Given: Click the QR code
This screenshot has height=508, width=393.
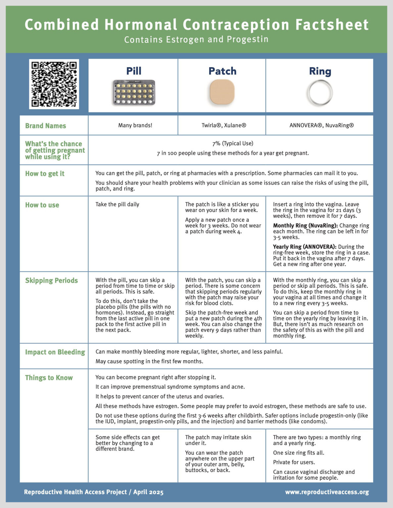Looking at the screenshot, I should click(x=54, y=84).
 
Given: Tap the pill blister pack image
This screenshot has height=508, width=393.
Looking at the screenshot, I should click(x=134, y=93).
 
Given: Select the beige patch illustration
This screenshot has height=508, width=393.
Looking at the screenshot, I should click(x=222, y=92).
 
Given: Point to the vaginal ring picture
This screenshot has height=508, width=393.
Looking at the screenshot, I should click(x=319, y=93).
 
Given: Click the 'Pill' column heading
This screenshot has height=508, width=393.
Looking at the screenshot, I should click(x=134, y=71).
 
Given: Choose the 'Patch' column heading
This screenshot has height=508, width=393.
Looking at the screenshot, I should click(x=222, y=71).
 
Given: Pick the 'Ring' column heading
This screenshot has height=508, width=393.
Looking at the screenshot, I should click(x=320, y=71).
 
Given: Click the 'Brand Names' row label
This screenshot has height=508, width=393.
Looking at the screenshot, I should click(x=46, y=126).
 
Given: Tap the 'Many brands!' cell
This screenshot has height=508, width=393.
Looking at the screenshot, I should click(x=135, y=125).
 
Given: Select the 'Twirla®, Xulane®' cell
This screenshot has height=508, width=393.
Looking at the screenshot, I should click(x=224, y=125).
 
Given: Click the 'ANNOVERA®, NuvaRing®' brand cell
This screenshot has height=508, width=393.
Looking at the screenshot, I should click(x=321, y=125).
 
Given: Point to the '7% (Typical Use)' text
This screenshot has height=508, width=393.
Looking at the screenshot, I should click(x=233, y=143).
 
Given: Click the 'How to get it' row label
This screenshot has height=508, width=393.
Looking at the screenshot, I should click(x=45, y=174).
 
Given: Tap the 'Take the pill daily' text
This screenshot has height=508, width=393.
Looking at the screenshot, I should click(x=117, y=204).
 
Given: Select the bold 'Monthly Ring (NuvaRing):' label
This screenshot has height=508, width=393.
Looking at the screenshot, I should click(x=305, y=226).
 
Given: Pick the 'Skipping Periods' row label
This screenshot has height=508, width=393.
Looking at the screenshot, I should click(x=51, y=280).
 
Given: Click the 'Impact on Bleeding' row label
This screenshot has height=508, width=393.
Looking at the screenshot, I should click(x=55, y=352).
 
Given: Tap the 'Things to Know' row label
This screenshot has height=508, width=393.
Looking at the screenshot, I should click(x=49, y=378).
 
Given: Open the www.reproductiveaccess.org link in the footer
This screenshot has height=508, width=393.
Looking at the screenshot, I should click(x=327, y=492).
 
